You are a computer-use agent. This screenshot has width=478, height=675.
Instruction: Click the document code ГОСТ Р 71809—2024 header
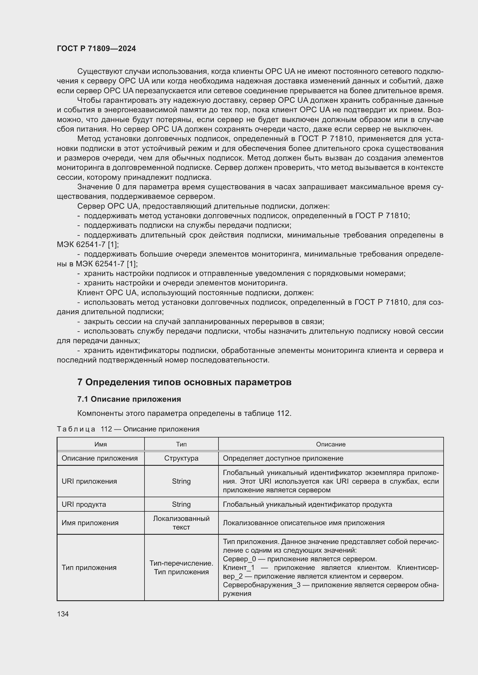tap(96, 48)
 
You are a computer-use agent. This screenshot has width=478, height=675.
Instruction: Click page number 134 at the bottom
tap(63, 614)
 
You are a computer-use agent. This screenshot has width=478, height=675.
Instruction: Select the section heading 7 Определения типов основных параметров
tap(184, 382)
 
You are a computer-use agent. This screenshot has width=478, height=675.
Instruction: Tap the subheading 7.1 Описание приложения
tap(129, 399)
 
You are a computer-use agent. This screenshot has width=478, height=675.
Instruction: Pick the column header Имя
tap(101, 444)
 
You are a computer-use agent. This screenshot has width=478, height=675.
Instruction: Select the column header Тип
tap(181, 444)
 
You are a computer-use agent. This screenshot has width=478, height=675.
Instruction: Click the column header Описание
tap(331, 444)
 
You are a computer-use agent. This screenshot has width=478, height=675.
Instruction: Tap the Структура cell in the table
tap(181, 458)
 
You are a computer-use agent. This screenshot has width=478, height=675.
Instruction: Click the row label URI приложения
tap(89, 481)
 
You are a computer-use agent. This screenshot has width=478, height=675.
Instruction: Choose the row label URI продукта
tap(84, 504)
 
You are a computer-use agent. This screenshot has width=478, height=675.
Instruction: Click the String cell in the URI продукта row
tap(181, 504)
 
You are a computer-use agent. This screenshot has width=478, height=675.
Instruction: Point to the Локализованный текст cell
tap(181, 523)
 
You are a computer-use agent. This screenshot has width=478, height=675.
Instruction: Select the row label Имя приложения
tap(90, 523)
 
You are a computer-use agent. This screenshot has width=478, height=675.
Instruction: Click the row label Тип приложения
tap(89, 567)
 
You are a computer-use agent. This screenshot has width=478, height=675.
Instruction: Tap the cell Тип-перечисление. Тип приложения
tap(181, 567)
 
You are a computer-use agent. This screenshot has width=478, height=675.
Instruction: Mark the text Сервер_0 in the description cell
tap(239, 559)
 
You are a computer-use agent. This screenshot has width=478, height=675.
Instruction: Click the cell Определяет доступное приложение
tap(283, 458)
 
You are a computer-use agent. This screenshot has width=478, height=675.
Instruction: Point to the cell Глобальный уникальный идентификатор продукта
tap(307, 504)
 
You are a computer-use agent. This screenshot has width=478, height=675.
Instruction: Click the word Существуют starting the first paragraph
tap(99, 72)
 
